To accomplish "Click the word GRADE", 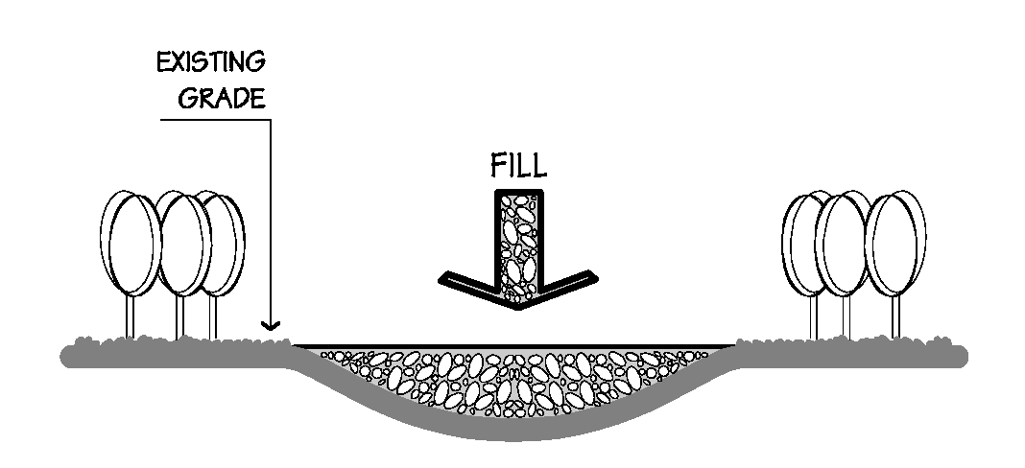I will [227, 100].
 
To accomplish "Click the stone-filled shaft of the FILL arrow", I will [517, 240].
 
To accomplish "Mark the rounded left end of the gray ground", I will [67, 356].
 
